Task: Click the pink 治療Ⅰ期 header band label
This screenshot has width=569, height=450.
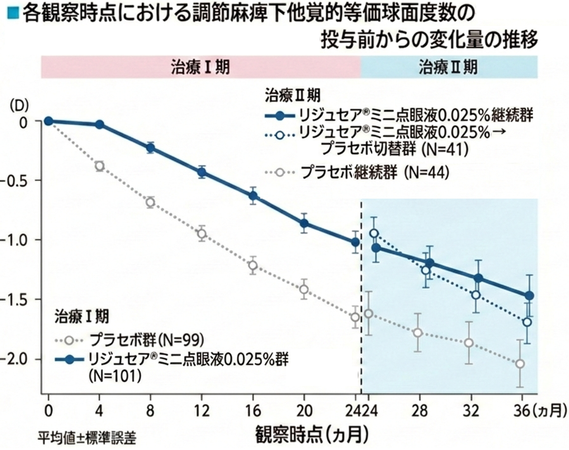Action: tap(200, 67)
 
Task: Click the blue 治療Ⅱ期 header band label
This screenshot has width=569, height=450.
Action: tap(448, 67)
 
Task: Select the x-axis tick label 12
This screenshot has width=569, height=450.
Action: tap(201, 411)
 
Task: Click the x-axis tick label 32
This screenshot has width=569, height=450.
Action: tap(471, 411)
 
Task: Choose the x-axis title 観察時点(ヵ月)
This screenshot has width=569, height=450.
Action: tap(312, 434)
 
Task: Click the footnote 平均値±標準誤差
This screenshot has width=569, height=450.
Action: tap(87, 438)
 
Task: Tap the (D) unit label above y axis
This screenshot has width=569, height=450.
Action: tap(19, 106)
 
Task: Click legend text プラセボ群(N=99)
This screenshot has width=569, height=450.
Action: tap(147, 340)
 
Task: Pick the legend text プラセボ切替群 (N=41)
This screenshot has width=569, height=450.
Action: tap(395, 149)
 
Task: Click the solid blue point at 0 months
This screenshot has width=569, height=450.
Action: tap(48, 121)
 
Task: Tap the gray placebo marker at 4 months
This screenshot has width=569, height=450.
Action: tap(99, 166)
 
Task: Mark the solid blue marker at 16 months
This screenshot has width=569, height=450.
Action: tap(253, 196)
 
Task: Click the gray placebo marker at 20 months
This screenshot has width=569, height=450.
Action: tap(304, 289)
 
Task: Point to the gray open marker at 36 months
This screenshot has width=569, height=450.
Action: tap(520, 364)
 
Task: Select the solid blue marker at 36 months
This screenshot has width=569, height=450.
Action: tap(529, 296)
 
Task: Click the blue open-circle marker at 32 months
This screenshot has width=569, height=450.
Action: tap(476, 295)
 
